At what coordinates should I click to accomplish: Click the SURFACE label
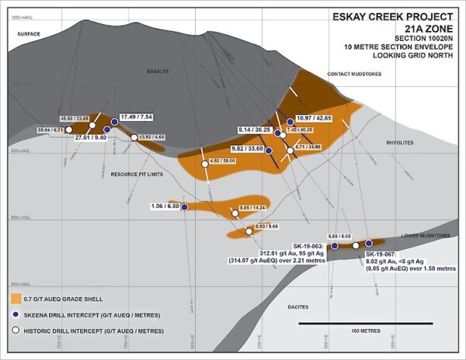click(28, 33)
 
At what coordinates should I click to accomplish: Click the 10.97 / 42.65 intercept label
click(314, 117)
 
